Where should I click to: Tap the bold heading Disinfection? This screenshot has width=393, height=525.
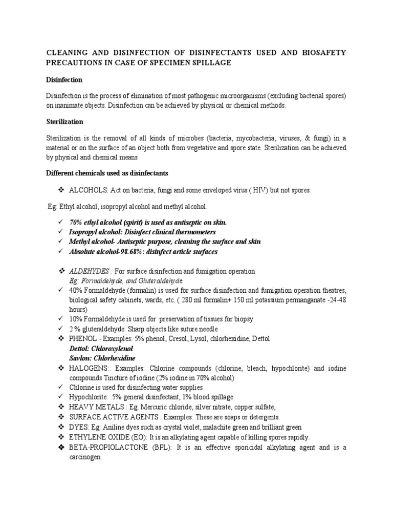[x=64, y=80]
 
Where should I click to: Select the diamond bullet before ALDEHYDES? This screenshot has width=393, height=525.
[x=61, y=271]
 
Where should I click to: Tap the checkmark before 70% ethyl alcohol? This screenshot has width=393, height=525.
[x=61, y=223]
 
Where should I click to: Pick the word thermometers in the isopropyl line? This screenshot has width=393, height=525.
[x=186, y=232]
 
